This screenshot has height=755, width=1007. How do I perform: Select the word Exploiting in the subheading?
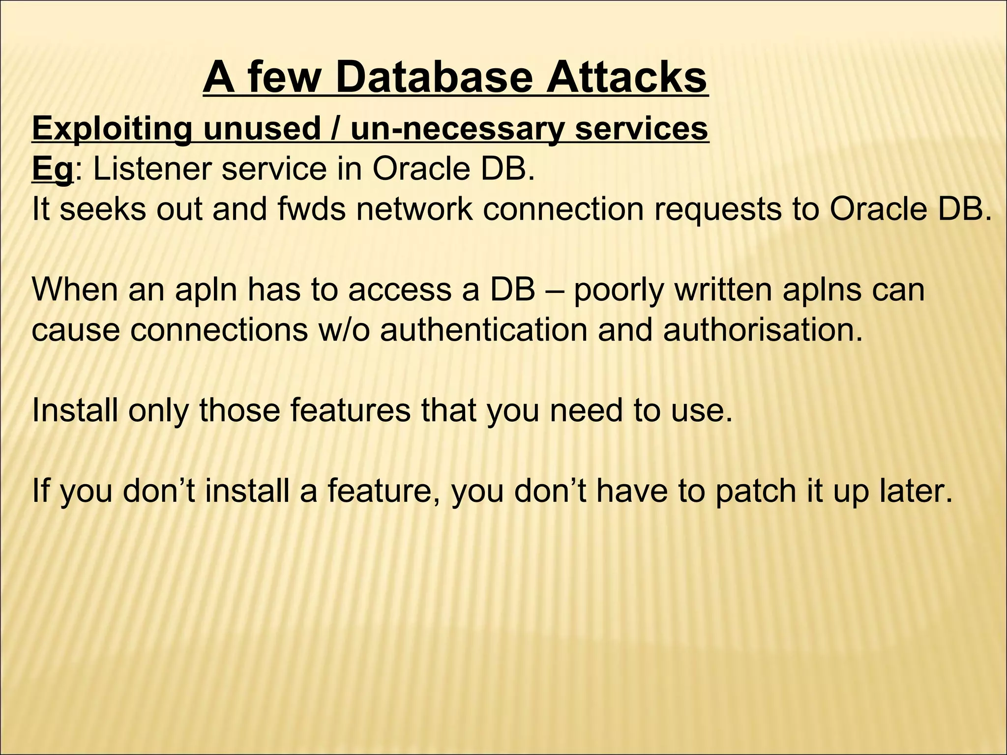(x=112, y=129)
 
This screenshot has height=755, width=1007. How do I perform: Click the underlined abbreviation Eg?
(x=52, y=170)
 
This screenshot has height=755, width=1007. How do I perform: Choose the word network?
(x=415, y=209)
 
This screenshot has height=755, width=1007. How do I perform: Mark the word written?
(x=723, y=290)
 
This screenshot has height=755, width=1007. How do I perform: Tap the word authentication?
(x=484, y=330)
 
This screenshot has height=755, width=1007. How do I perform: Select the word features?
(x=350, y=410)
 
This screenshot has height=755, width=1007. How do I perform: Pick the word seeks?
(x=103, y=209)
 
